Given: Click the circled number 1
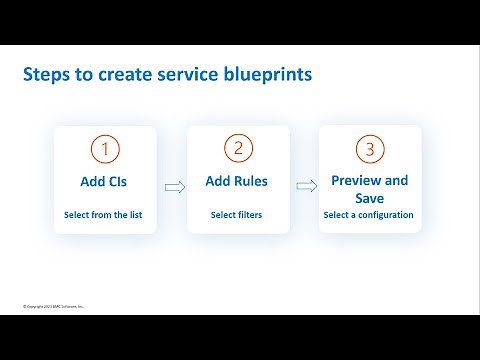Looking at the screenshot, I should pos(104,149).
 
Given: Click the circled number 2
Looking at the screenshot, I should pos(237,149).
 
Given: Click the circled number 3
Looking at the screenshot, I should pos(370,149).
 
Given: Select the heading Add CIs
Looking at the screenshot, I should pos(104,182).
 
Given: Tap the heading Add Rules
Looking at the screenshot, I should pos(237,182).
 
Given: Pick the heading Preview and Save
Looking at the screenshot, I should pos(369,189).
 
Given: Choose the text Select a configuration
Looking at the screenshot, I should pos(369,215).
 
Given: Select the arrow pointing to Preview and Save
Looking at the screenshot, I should pos(304,186).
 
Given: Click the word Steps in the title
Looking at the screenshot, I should pos(45,75).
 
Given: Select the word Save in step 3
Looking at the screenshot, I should pos(369,198).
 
